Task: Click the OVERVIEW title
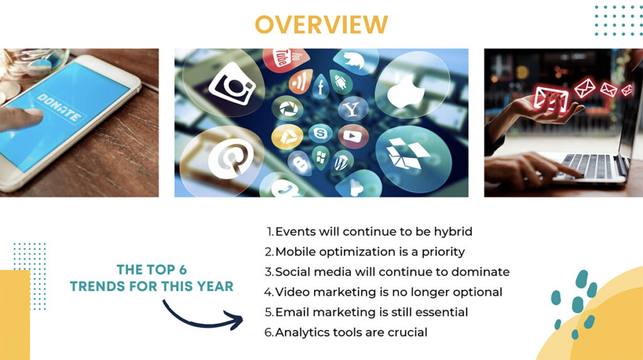point(321,25)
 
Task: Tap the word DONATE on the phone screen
point(58,107)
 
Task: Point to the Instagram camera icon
point(232,84)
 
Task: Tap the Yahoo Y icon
point(351,109)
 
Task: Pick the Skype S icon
point(320,133)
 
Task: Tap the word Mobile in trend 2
point(295,251)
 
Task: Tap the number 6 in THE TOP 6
point(183,270)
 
